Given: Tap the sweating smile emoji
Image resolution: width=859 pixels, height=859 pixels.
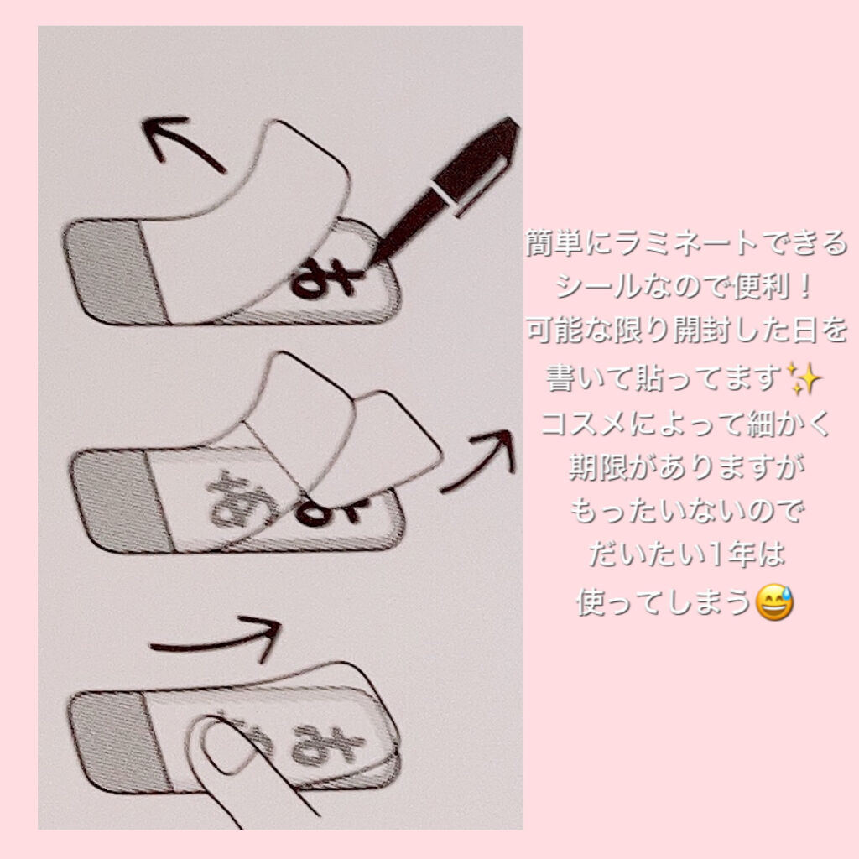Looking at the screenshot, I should click(773, 602).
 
